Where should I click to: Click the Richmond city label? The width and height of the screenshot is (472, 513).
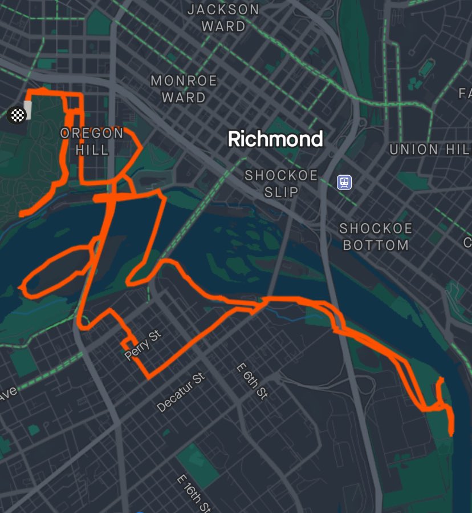tap(275, 139)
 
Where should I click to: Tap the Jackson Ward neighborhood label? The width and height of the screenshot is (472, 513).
tap(223, 18)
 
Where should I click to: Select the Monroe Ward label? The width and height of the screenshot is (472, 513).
tap(184, 89)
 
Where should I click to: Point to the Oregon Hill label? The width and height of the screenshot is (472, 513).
tap(92, 142)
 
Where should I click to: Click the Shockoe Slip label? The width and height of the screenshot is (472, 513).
tap(281, 183)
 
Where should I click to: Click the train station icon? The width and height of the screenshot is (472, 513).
tap(344, 183)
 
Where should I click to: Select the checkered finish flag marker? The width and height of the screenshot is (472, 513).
tap(17, 115)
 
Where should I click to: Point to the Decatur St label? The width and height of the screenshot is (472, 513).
tap(181, 393)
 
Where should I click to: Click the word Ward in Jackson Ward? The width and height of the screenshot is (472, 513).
tap(223, 26)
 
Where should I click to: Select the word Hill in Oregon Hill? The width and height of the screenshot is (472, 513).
tap(92, 150)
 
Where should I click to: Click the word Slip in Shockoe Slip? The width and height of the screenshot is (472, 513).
tap(281, 192)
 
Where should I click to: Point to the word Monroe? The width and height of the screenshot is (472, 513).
tap(184, 81)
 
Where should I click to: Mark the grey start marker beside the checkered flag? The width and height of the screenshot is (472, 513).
tap(28, 110)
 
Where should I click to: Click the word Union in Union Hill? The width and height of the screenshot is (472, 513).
tap(414, 150)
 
